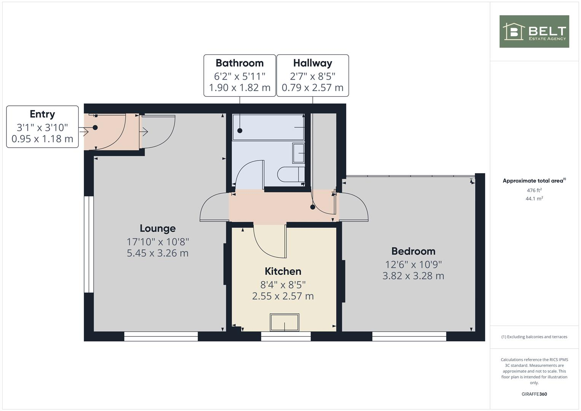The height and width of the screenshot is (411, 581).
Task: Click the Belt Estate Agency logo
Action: pos(534,32)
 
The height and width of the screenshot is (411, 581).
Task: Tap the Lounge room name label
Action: pos(158,228)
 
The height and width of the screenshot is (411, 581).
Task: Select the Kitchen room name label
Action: pos(283,271)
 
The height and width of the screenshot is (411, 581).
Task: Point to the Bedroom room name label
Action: pos(413,251)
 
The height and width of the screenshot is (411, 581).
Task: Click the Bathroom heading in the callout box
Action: pos(239,63)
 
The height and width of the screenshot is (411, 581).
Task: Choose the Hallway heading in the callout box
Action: pos(312,63)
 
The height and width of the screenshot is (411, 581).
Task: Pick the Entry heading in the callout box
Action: pos(42,114)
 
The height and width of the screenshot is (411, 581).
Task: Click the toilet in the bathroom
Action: pos(291,175)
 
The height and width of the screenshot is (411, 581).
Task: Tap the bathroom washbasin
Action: pos(299,153)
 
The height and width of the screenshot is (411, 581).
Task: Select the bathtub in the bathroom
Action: pos(269,127)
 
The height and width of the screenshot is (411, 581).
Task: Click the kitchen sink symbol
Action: pos(285,322)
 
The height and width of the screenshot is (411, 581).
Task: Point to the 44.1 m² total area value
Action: pos(534,198)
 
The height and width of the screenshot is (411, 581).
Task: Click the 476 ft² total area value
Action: pos(534,190)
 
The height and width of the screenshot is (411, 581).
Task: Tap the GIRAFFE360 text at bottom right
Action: pos(534,394)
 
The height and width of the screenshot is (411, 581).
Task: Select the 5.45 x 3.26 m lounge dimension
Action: pos(158,253)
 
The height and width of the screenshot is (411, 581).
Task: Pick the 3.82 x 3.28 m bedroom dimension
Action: pos(413,276)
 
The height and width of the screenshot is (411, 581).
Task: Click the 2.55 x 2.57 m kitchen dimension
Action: pos(283,296)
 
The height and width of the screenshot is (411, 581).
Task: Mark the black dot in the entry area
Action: pos(95,127)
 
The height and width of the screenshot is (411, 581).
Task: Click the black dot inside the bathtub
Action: pos(240,131)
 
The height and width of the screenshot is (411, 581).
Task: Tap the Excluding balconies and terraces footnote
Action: pos(534,337)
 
